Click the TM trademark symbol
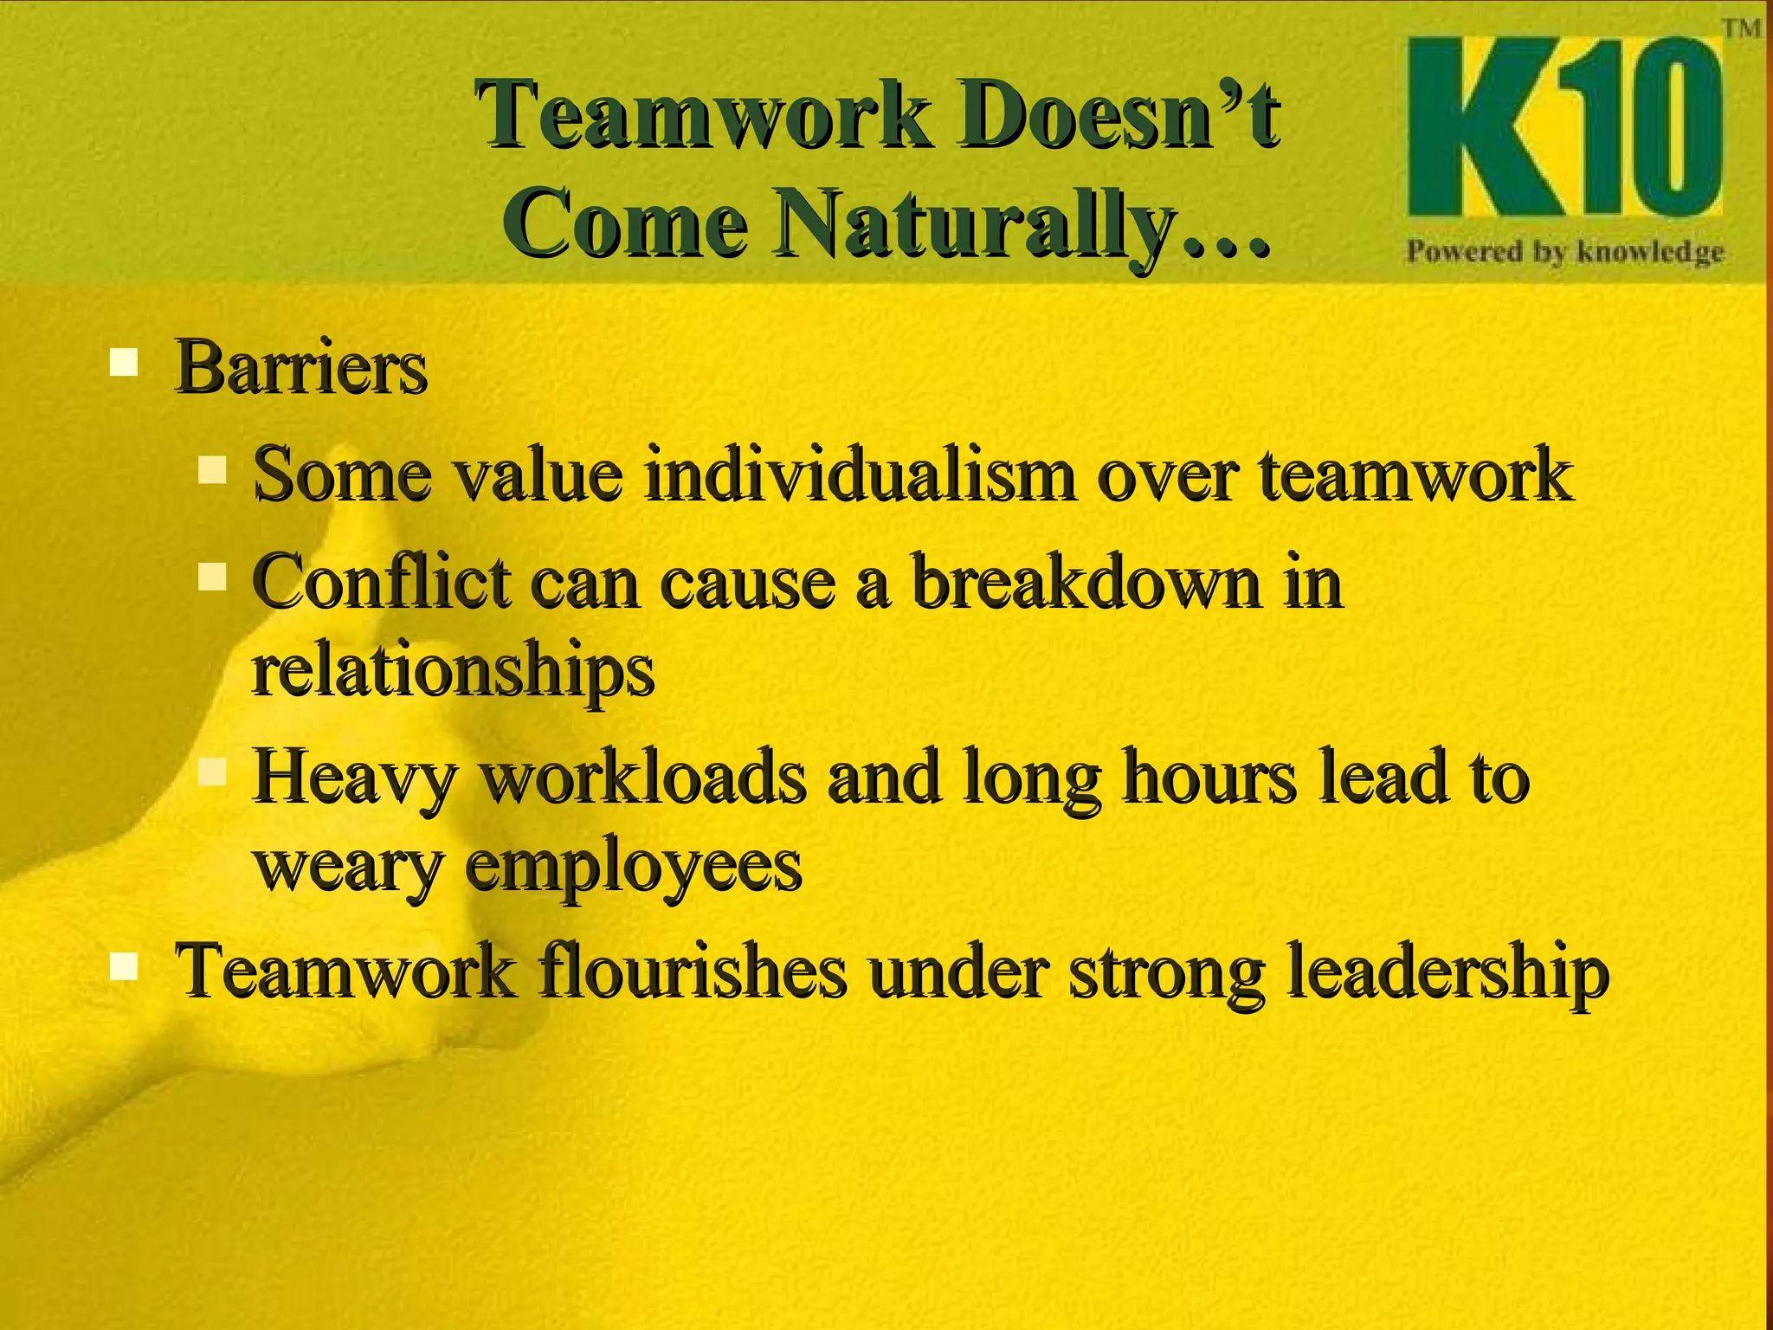1740,29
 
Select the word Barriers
300,367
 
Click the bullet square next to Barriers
125,361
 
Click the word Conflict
381,582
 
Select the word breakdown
1086,582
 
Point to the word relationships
452,672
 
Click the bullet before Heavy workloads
212,771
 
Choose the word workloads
644,777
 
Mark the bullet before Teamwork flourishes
125,965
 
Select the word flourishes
692,972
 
